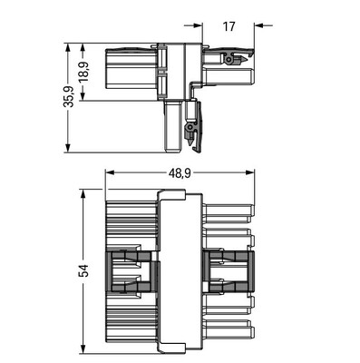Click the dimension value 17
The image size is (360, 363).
[228, 27]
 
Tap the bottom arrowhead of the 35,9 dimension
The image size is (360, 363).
[70, 149]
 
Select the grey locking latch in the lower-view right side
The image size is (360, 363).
[227, 270]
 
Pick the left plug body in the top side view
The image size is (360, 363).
[132, 71]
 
